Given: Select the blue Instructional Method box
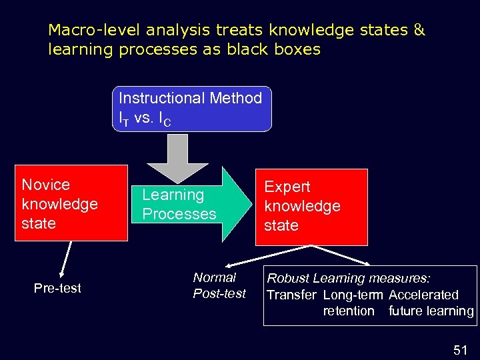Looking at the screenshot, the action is point(191,109).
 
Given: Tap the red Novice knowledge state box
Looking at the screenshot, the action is point(73,203).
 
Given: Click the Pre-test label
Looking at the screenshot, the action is point(57,288).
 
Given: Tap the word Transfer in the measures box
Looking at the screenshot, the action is point(291,295).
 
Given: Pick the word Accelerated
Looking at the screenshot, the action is point(424,295).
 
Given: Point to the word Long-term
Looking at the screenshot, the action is point(353,295).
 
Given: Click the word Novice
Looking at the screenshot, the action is point(46,185).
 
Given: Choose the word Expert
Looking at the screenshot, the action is point(287,187).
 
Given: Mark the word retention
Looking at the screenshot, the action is point(349,311).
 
